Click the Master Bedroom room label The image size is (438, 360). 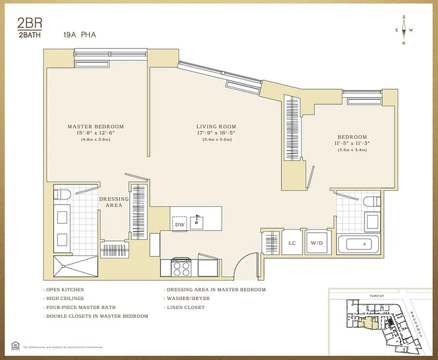95,127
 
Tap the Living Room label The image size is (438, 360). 216,127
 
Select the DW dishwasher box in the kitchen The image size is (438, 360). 179,224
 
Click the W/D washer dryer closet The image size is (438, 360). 317,243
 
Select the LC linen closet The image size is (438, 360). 292,243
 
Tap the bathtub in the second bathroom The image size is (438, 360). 359,244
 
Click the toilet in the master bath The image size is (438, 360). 62,195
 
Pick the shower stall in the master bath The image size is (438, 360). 75,266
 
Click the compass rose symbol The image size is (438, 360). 404,30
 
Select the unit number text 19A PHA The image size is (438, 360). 80,34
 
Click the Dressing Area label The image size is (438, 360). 114,202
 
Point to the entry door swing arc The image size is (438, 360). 246,265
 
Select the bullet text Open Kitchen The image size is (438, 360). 65,290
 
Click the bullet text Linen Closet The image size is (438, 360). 185,307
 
